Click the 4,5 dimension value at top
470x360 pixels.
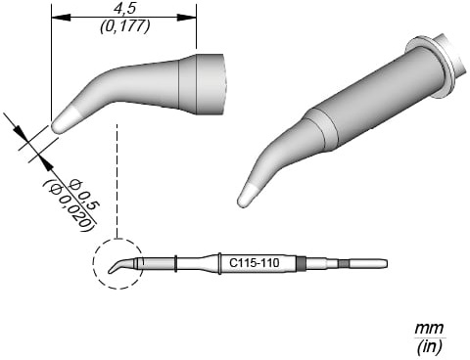coord(124,9)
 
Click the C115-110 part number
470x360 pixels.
coord(255,262)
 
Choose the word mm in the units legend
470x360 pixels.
coord(429,328)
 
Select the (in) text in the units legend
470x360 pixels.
coord(429,346)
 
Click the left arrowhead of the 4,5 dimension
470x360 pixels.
coord(61,18)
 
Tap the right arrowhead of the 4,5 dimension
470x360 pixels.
coord(187,18)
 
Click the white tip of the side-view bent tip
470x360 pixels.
coord(65,120)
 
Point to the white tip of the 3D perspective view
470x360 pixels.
coord(249,196)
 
